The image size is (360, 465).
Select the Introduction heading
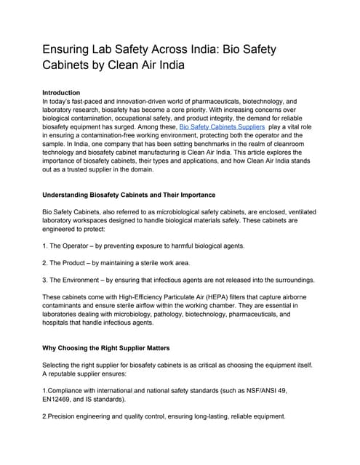point(61,93)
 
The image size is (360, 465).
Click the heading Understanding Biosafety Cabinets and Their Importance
point(129,195)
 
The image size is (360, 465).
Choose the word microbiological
point(185,211)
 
